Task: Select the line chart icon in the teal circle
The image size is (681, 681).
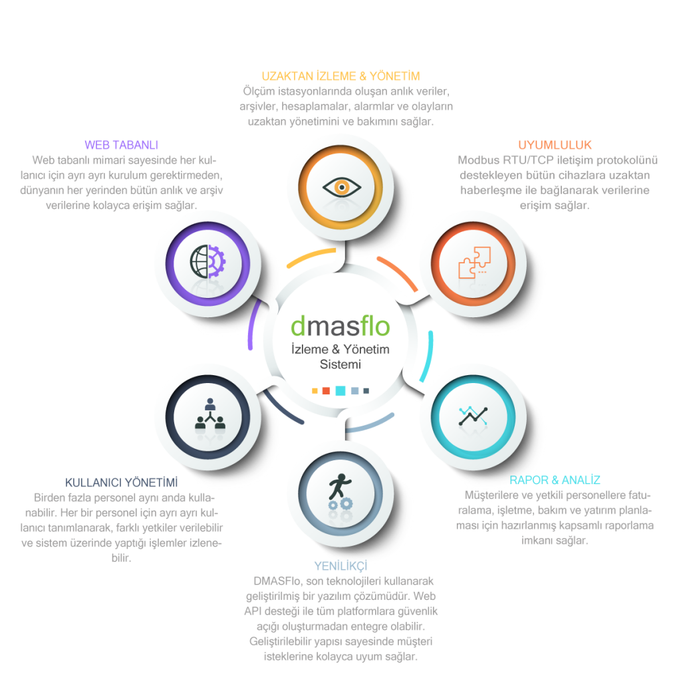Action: coord(474,416)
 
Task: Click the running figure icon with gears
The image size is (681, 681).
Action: coord(339,492)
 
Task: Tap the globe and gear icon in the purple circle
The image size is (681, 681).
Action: coord(208,261)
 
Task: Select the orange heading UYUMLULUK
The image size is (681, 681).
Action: coord(555,145)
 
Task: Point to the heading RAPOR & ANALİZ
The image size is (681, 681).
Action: coord(555,479)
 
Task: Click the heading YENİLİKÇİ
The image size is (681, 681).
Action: coord(340,566)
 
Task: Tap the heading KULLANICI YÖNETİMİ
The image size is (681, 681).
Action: coord(121,481)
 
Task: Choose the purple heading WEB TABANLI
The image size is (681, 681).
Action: coord(121,145)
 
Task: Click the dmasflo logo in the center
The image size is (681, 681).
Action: coord(340,326)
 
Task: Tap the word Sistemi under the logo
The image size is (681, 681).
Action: coord(340,364)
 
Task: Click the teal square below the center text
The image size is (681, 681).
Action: coord(340,391)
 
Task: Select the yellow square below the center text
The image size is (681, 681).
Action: coord(315,391)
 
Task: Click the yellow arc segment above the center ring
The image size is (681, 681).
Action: coord(310,258)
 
